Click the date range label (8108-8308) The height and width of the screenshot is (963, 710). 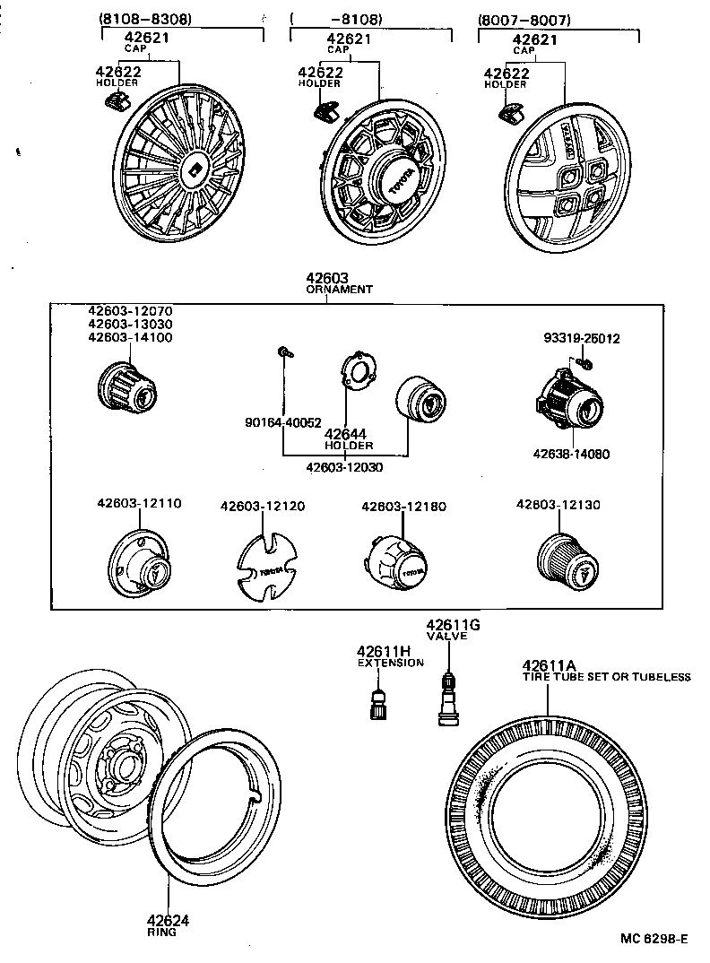pos(144,18)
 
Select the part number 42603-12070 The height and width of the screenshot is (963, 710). pos(130,310)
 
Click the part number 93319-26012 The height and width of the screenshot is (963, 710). pos(581,339)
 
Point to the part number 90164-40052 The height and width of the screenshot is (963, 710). pos(283,422)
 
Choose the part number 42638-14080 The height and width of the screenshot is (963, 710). pos(570,454)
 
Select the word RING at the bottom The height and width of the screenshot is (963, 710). pos(161,933)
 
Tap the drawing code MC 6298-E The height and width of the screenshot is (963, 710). pos(655,939)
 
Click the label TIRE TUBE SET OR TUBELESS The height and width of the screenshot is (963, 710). pos(607,677)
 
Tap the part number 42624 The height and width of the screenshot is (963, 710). pos(168,920)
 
